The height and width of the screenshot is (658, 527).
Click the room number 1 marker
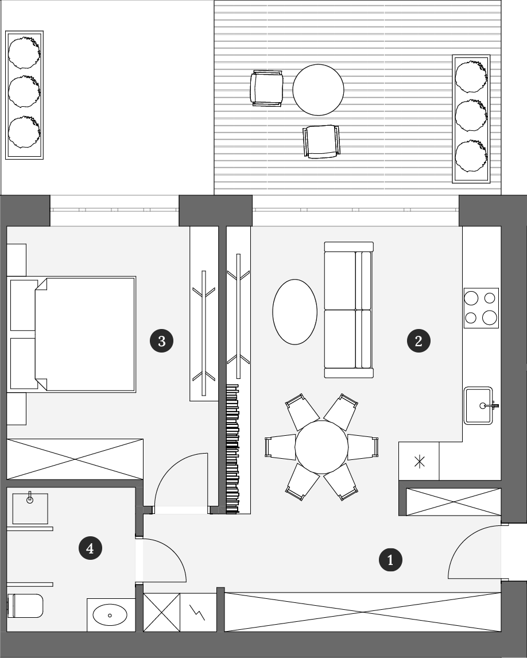[x=390, y=560]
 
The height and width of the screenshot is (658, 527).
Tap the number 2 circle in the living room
[x=418, y=340]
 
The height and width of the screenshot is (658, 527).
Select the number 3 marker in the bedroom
[x=161, y=341]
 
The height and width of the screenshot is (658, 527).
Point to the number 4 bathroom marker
[x=90, y=548]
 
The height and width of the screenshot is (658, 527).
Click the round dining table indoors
[x=321, y=447]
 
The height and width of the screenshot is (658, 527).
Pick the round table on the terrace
[x=318, y=90]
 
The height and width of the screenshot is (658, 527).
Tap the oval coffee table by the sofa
[x=294, y=312]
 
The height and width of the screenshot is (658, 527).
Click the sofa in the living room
[x=348, y=309]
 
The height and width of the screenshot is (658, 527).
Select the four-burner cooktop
[x=481, y=308]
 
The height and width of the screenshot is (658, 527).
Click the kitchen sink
[x=479, y=406]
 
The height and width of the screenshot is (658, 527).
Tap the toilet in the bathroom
[x=25, y=606]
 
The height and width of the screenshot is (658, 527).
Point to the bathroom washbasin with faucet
[x=30, y=508]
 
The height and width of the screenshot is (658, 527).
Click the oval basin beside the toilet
[x=110, y=615]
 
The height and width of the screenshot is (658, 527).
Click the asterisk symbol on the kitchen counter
[x=419, y=462]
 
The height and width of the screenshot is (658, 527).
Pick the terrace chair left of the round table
[x=266, y=88]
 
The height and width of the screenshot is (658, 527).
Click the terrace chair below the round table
[x=321, y=141]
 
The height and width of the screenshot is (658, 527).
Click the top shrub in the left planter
[x=24, y=52]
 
